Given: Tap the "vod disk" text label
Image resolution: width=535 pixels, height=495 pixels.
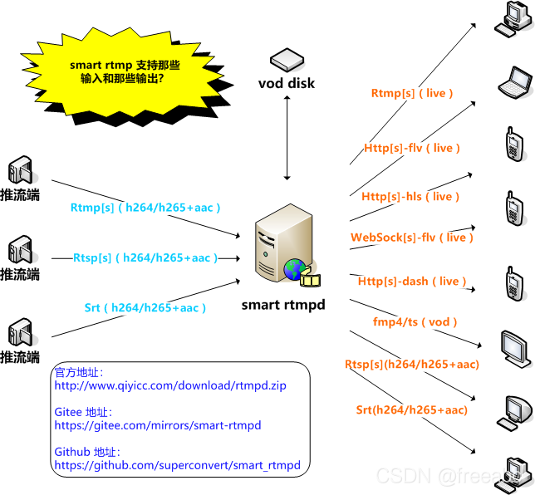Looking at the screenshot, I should point(287,83).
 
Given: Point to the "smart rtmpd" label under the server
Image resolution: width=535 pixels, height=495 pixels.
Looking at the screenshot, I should point(283,305).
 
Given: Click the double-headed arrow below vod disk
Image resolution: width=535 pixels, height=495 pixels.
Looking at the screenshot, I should point(287,137).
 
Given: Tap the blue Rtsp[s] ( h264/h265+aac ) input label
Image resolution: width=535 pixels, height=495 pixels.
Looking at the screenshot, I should point(145,257).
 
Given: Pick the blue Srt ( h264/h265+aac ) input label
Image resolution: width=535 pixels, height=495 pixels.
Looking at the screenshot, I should point(145,307).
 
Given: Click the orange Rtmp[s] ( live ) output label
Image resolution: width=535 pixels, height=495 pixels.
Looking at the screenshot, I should point(412,93).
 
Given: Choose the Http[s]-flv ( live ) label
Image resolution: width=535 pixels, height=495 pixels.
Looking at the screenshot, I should point(412,148).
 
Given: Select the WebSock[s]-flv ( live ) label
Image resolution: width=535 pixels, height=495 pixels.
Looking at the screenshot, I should point(412,238).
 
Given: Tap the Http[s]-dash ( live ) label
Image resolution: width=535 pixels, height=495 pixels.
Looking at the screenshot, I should point(410,282).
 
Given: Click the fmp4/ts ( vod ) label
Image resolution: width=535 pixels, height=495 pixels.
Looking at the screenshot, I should point(415,321).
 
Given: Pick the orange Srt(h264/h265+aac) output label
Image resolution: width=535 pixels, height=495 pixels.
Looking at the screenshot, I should point(412,409).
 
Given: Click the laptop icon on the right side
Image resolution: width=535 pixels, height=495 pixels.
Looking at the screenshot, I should point(514,81).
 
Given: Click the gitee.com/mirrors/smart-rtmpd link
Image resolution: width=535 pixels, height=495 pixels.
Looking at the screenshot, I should point(158,425).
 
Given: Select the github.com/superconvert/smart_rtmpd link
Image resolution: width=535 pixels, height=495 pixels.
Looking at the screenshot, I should point(177,465).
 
